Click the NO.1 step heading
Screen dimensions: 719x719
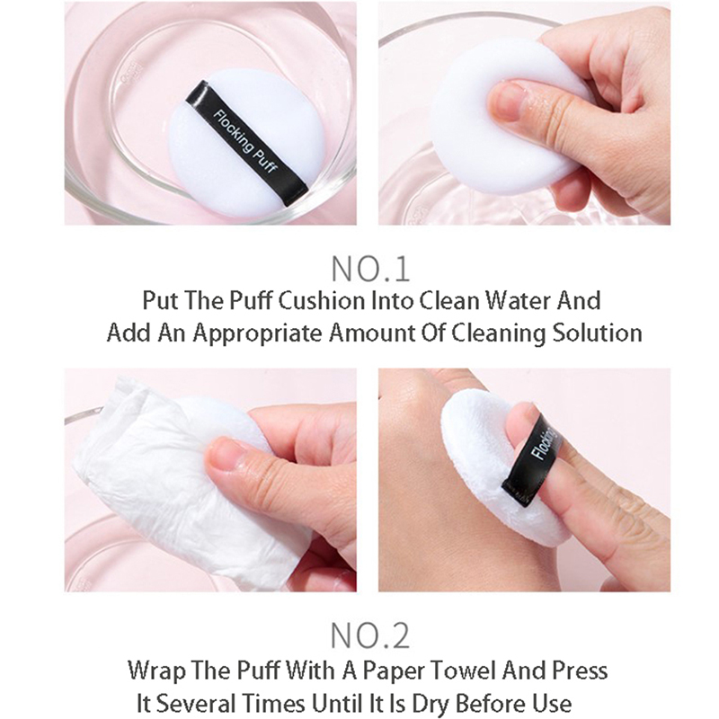pos(370,269)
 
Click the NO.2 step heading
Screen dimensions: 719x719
pos(370,636)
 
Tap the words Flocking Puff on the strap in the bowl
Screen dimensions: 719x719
pos(244,142)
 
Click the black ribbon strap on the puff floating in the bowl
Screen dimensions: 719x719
pos(246,143)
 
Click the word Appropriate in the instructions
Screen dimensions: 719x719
pos(258,333)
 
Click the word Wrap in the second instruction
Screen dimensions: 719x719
pos(155,670)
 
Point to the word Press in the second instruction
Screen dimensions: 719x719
pos(580,670)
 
